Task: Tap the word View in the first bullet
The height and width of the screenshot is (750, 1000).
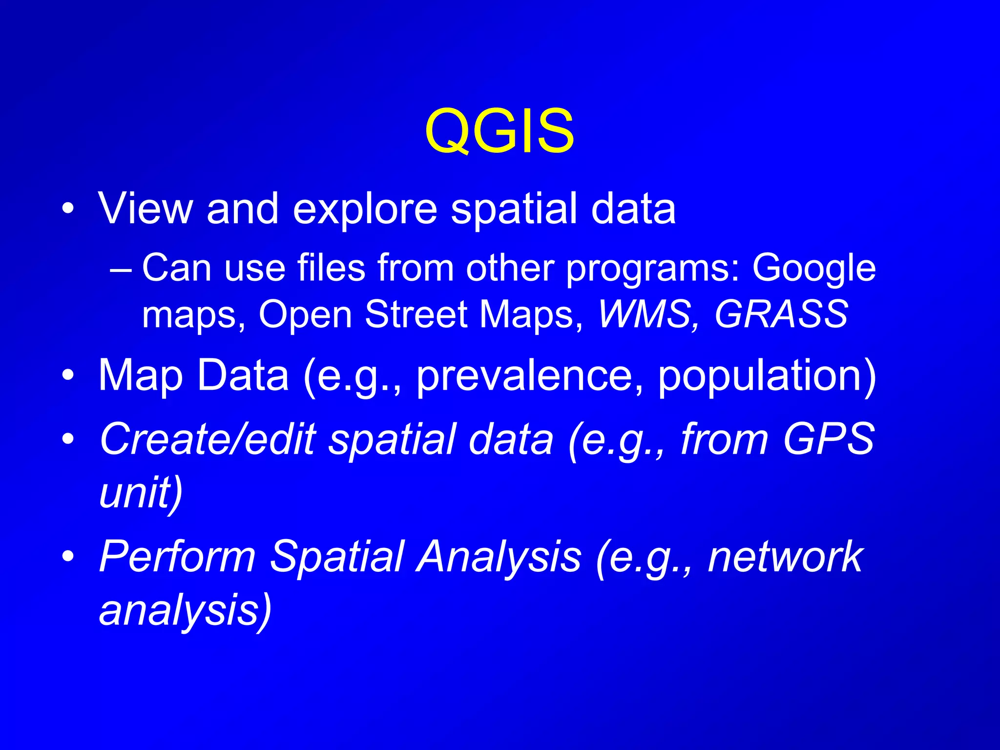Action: [146, 208]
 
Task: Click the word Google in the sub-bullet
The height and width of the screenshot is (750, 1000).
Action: [814, 269]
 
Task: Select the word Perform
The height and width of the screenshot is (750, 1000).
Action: [177, 557]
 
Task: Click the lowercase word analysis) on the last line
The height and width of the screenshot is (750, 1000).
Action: [185, 610]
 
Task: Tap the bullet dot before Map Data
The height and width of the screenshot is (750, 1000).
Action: [68, 376]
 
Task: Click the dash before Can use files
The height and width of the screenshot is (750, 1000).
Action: [121, 270]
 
